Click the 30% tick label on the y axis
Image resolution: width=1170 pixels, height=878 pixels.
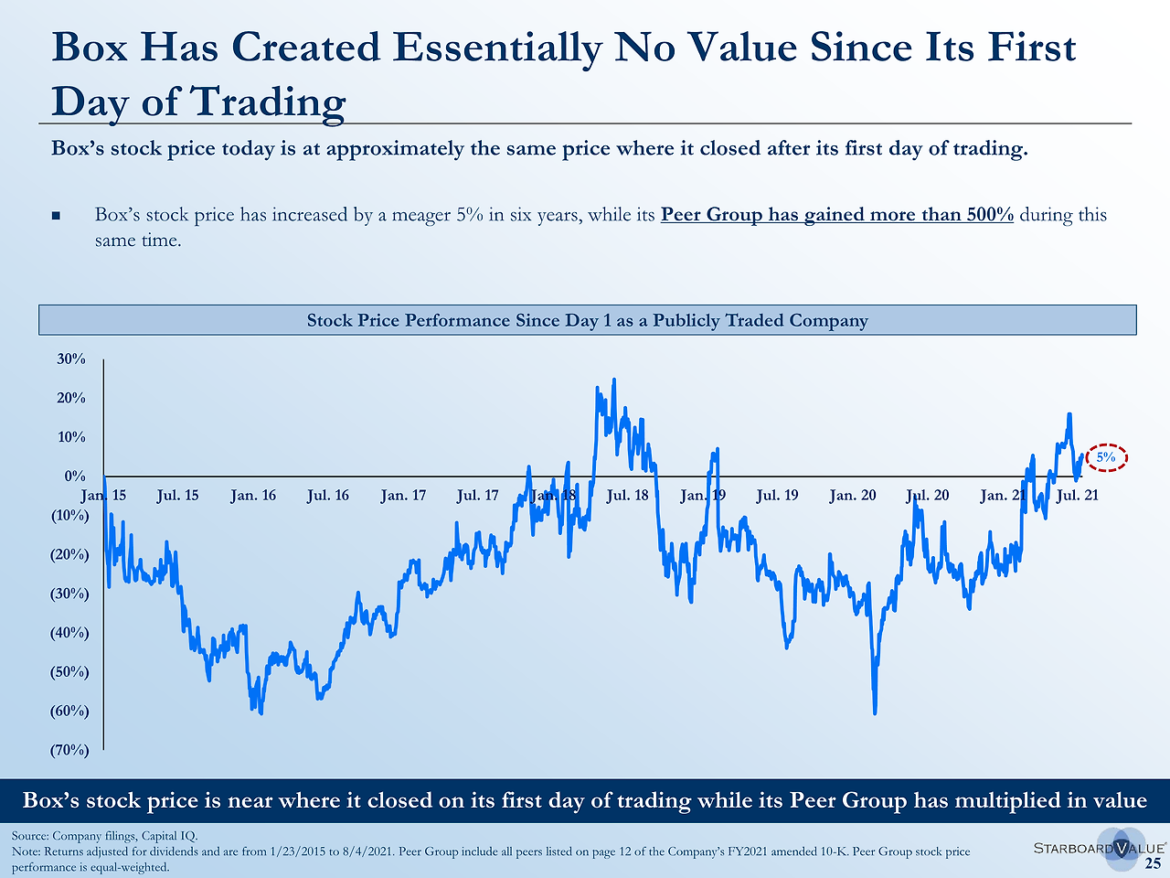point(71,359)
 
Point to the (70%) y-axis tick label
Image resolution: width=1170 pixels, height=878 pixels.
point(69,751)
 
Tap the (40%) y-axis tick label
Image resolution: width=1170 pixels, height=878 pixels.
point(69,633)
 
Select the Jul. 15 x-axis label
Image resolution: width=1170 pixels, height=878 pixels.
point(177,496)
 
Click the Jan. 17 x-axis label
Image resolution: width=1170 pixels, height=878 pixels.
point(403,496)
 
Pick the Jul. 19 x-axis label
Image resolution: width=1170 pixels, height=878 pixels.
point(777,496)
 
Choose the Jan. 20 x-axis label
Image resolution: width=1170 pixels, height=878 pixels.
point(852,496)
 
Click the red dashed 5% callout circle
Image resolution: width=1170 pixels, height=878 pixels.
point(1106,457)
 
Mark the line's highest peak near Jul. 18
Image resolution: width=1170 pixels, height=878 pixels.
point(613,380)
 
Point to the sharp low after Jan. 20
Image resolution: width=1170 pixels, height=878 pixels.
point(875,712)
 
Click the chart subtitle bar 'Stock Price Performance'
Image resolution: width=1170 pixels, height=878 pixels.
point(587,320)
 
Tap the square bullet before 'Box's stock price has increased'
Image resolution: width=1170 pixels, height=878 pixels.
point(57,217)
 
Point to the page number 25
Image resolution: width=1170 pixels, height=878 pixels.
point(1154,864)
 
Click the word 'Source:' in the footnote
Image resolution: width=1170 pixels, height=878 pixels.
point(30,836)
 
